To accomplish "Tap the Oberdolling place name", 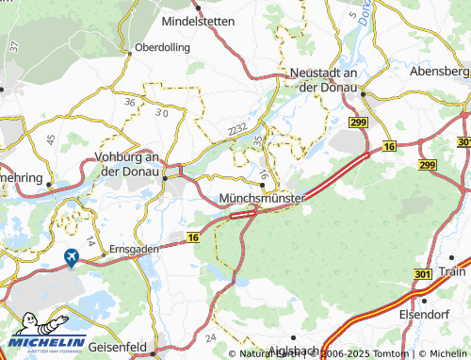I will click(162, 46).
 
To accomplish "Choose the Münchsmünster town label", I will click(261, 199).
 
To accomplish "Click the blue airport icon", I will click(71, 256).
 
